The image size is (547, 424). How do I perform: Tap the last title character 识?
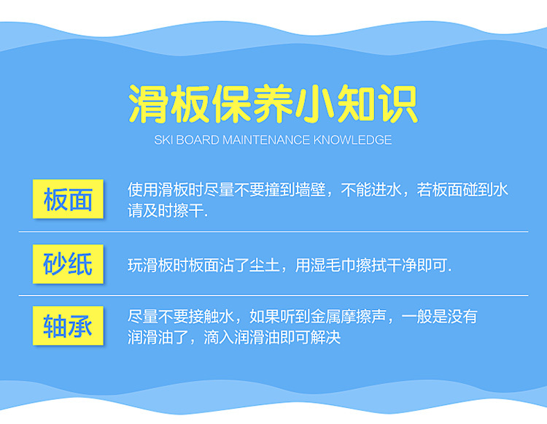click(397, 104)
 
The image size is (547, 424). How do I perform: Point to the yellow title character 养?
click(273, 104)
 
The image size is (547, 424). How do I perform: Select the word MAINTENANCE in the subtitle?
click(266, 140)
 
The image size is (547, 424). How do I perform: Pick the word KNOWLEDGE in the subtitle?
click(352, 140)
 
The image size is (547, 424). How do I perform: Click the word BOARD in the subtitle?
click(198, 140)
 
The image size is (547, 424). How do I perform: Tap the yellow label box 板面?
click(68, 199)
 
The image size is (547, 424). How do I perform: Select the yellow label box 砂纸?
click(68, 264)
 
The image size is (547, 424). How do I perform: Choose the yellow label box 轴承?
click(68, 325)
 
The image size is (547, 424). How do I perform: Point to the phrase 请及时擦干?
click(166, 211)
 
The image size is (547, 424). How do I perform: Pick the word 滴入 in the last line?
click(219, 337)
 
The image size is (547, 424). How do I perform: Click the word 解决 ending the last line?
click(325, 337)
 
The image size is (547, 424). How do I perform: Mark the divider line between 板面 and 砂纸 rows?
click(273, 231)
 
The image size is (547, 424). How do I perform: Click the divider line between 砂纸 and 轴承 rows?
click(273, 296)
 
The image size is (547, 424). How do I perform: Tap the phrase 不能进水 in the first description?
click(371, 190)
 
